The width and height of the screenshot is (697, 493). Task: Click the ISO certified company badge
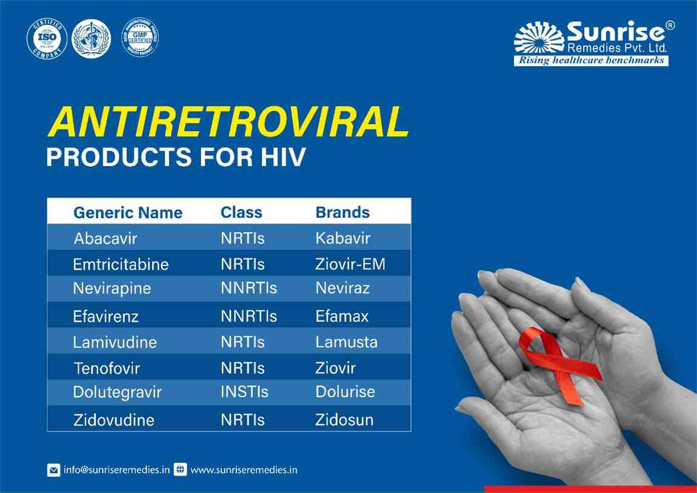click(47, 39)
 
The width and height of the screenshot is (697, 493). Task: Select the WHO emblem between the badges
click(92, 38)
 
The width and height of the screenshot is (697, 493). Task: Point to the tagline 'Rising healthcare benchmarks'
click(591, 61)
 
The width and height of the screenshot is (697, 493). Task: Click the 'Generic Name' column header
click(127, 213)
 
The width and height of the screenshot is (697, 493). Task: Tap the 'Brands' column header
click(342, 212)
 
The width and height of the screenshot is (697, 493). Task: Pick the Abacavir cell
click(105, 238)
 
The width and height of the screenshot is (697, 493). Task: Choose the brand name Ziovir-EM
click(350, 264)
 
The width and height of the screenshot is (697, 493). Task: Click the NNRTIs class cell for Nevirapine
click(248, 288)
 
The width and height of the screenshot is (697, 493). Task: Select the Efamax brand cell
click(342, 316)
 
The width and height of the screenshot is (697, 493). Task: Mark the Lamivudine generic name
click(115, 342)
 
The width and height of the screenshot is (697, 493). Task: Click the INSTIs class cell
click(244, 392)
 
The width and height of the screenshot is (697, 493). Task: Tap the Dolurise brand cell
click(345, 392)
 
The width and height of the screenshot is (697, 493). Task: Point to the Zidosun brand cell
click(344, 420)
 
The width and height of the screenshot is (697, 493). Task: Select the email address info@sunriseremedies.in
click(116, 470)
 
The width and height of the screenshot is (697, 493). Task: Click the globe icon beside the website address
click(179, 470)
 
